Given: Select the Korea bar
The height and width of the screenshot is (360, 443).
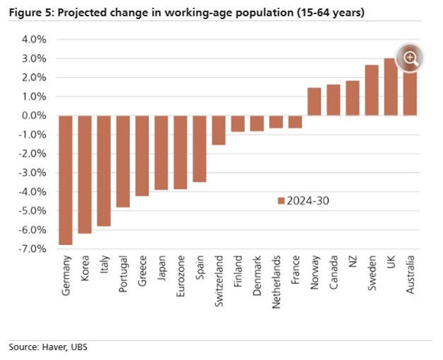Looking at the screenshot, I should point(85,174).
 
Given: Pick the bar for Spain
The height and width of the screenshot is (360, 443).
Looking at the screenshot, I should point(199,148).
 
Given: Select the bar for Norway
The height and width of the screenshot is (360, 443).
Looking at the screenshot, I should point(315,102).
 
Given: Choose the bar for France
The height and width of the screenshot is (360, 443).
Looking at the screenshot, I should point(295,121).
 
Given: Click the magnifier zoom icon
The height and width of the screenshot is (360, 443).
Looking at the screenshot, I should point(410,59).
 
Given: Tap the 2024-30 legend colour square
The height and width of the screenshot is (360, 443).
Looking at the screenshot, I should point(280,201).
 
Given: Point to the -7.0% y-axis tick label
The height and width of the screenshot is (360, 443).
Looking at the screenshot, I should point(33,249).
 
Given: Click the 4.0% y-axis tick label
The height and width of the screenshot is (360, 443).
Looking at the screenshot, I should point(34,39).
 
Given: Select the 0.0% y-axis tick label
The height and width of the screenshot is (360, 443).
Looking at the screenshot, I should point(34,115).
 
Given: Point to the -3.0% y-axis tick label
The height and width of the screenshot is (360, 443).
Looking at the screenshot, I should point(33,173).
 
